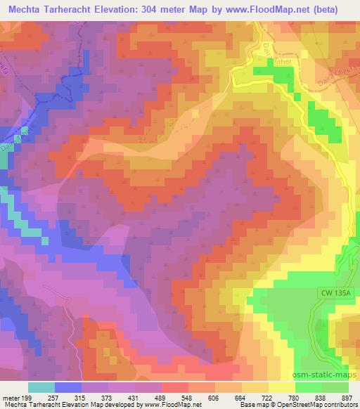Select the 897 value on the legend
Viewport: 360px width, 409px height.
(347, 397)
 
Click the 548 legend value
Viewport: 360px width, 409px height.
(174, 397)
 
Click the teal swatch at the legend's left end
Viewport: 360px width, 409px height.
(41, 387)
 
